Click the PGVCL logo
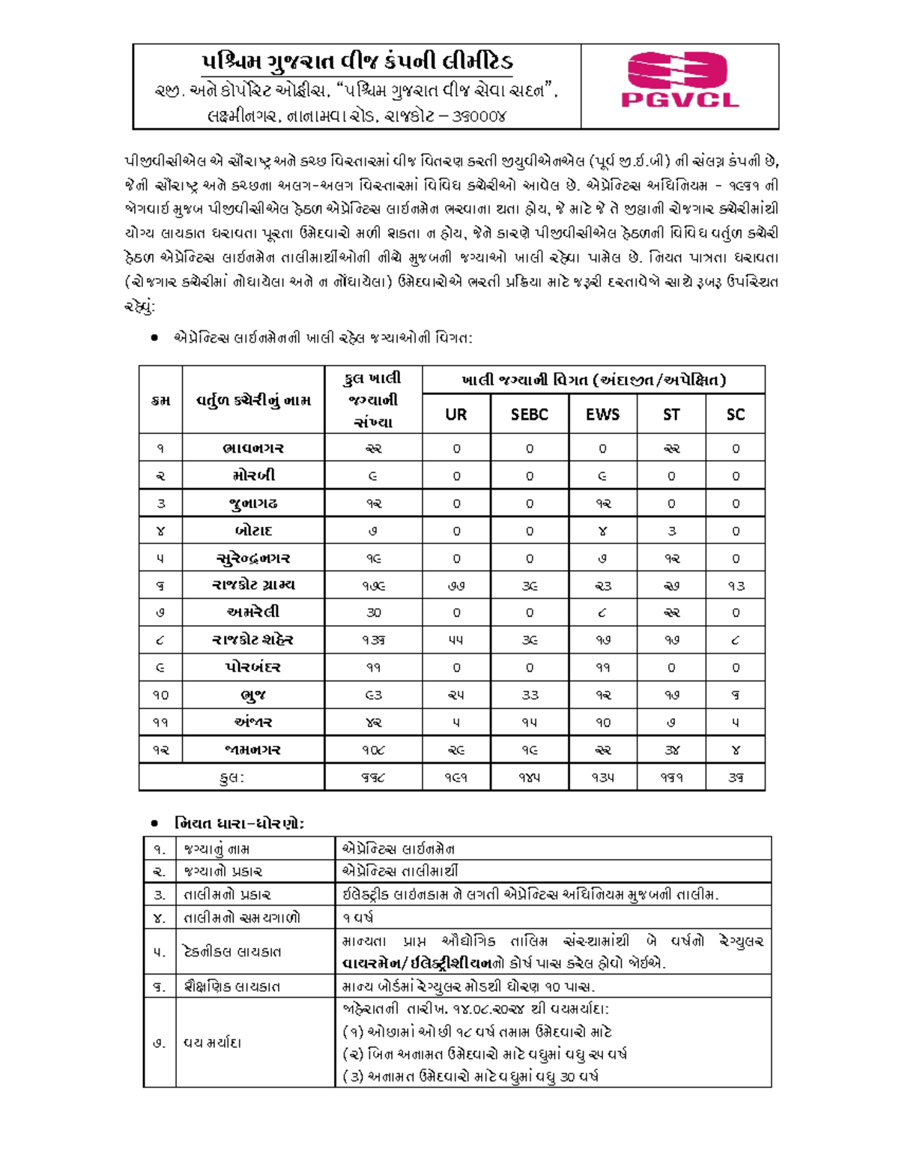pos(679,80)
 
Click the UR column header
pos(455,414)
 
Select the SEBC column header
pos(529,414)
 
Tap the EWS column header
pos(602,414)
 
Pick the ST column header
pos(671,414)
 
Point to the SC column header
pos(735,414)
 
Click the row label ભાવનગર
pos(253,448)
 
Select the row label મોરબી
pos(253,475)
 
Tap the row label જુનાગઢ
pos(253,503)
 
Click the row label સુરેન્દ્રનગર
pos(253,558)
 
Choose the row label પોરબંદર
pos(253,667)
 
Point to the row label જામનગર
pos(253,750)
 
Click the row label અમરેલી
pos(253,612)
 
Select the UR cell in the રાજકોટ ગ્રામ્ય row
pos(455,585)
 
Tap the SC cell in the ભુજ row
pos(735,695)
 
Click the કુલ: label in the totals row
pos(231,778)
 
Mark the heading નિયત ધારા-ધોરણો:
pos(239,823)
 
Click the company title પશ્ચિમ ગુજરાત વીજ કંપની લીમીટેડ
pos(357,61)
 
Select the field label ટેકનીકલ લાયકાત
pos(232,952)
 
